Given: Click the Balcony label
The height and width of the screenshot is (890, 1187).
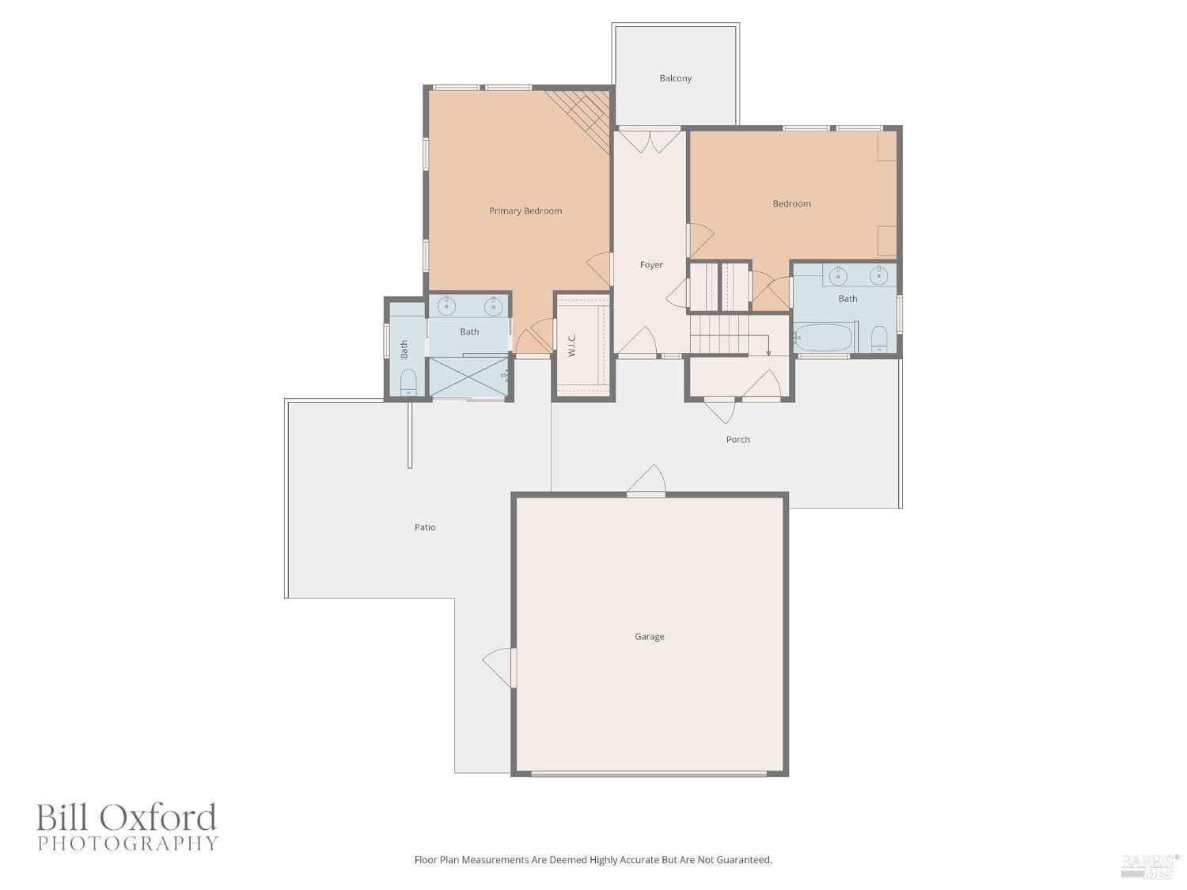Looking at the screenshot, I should [676, 78].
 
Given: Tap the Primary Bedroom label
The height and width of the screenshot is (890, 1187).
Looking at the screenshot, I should [525, 211].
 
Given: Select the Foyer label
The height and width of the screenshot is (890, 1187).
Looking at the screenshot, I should [651, 265].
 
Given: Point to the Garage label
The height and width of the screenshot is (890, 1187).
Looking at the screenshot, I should [650, 637].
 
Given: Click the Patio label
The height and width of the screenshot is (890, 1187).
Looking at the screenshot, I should [425, 528].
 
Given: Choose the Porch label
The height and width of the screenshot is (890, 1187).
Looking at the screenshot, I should [738, 440].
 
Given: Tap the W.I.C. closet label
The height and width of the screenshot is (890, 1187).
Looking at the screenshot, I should [571, 346].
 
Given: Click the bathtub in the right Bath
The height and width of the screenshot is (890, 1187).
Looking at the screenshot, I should [824, 338].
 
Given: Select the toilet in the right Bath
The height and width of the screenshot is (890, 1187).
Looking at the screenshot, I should [879, 339].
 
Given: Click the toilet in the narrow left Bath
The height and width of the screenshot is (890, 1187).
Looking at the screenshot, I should [408, 384].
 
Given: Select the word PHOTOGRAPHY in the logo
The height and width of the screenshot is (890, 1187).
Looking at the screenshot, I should [127, 843].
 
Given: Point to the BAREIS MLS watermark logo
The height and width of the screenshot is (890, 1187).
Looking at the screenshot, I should [1150, 865].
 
